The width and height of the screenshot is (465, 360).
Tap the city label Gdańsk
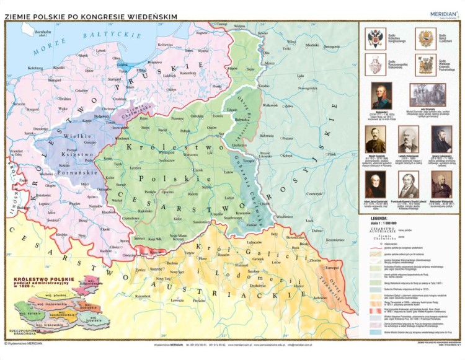(123, 63)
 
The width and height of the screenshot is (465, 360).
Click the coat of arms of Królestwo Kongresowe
(375, 38)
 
